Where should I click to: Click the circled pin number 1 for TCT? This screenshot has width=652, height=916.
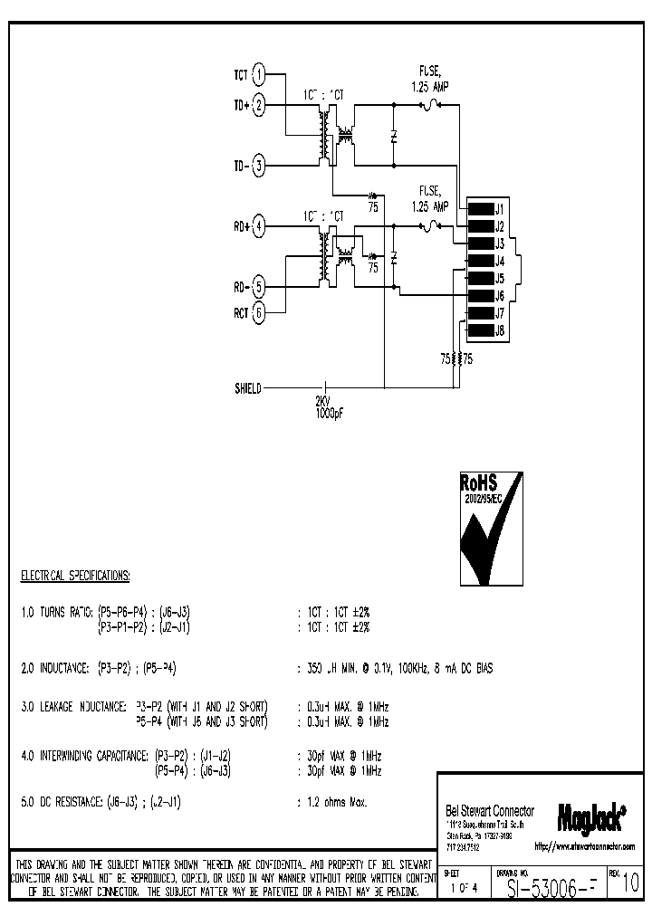click(259, 74)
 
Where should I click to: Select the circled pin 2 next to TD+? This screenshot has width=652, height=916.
click(259, 106)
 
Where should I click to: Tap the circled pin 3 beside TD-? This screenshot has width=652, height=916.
click(259, 166)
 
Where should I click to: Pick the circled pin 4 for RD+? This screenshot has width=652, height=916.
click(259, 226)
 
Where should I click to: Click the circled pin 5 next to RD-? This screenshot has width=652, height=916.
click(259, 287)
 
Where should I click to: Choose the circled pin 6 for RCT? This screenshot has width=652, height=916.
click(259, 313)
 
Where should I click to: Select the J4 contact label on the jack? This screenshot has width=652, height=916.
click(499, 262)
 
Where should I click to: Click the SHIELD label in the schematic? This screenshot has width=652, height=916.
click(247, 389)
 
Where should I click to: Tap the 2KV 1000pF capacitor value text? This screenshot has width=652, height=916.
click(328, 406)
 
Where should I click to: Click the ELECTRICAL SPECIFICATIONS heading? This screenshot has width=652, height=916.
click(75, 576)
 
